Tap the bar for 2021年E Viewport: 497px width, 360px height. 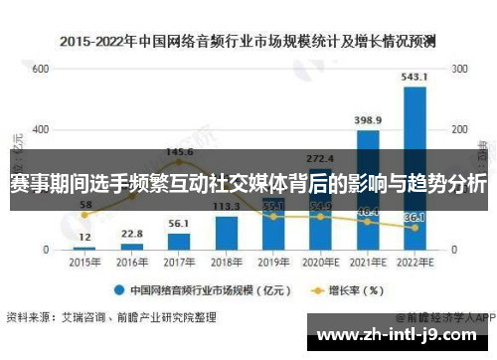368,189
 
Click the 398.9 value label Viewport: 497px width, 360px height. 368,120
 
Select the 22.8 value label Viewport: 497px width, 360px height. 131,234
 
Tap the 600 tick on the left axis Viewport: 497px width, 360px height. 40,69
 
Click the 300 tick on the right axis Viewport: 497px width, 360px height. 459,69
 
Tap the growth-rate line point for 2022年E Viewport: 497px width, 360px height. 415,228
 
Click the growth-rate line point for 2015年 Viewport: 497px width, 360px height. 83,214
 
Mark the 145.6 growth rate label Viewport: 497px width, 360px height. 179,152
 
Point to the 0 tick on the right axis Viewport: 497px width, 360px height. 454,249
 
